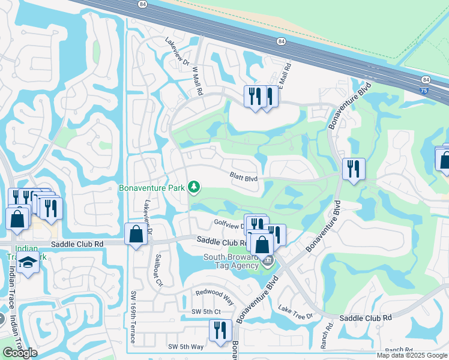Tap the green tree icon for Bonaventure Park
click(194, 188)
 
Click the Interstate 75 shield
click(425, 90)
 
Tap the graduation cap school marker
click(28, 263)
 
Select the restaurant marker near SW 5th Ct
click(220, 329)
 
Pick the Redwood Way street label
click(214, 295)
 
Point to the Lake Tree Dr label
click(296, 312)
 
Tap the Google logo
click(20, 353)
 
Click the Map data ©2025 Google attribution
click(412, 355)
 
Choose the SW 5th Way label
click(185, 347)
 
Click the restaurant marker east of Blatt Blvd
click(354, 169)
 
